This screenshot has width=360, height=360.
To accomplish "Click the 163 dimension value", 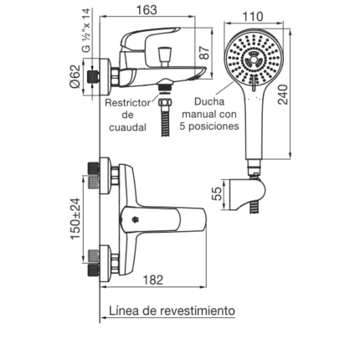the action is click(x=147, y=10).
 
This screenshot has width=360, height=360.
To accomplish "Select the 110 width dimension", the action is click(x=253, y=17).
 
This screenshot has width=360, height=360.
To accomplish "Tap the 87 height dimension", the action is click(x=205, y=52).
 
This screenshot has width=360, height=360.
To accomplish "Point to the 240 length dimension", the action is click(x=283, y=95).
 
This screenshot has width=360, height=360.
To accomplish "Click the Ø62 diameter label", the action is click(x=75, y=76).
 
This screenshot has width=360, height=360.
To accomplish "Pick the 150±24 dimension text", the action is click(x=75, y=219).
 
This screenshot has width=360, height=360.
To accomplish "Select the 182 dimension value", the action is click(x=153, y=280).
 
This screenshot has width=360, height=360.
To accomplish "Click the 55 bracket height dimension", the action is click(x=217, y=193).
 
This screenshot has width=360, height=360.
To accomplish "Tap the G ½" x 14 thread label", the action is click(x=86, y=30).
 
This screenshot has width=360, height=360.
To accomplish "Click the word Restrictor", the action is click(x=127, y=103).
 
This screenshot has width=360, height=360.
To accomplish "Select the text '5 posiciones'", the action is click(x=209, y=126).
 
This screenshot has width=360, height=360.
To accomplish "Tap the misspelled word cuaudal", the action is click(x=127, y=127).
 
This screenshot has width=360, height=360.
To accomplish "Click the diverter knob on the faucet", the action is click(x=164, y=57).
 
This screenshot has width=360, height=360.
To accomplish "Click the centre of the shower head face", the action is click(x=253, y=59).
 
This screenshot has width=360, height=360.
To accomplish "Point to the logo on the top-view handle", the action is click(x=134, y=219).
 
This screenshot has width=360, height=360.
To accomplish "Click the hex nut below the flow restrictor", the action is click(x=165, y=101).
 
